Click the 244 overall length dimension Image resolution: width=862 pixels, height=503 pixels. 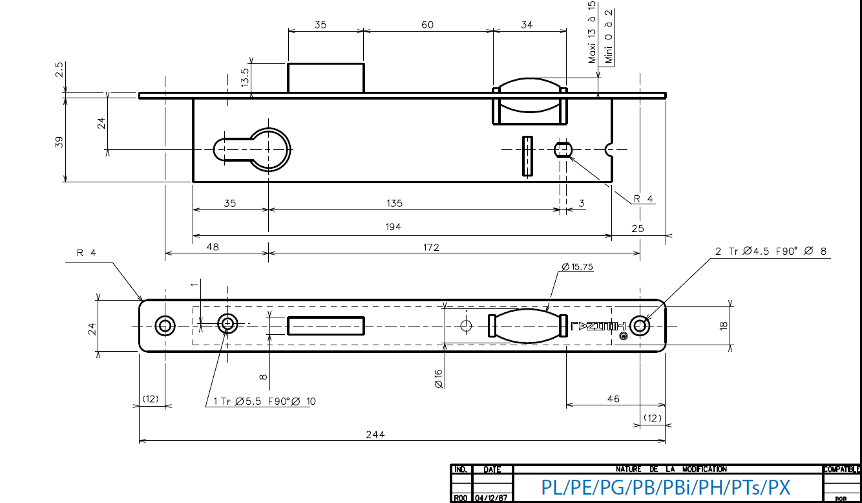pyautogui.click(x=375, y=434)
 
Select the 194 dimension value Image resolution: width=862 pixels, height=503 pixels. pyautogui.click(x=393, y=227)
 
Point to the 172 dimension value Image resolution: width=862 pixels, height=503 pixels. pyautogui.click(x=431, y=248)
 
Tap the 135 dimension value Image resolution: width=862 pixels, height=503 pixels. pyautogui.click(x=394, y=203)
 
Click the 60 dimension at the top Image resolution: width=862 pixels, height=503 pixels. pyautogui.click(x=427, y=25)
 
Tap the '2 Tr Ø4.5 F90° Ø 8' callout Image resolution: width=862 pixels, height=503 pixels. pyautogui.click(x=770, y=251)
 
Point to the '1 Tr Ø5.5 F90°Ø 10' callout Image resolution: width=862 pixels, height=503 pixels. pyautogui.click(x=265, y=401)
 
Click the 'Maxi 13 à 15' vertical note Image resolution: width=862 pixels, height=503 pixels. pyautogui.click(x=592, y=32)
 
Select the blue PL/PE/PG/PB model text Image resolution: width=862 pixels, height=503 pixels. pyautogui.click(x=666, y=487)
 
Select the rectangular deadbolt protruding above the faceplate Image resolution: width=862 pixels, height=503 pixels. pyautogui.click(x=325, y=78)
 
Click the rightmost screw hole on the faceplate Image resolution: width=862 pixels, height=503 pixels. pyautogui.click(x=640, y=325)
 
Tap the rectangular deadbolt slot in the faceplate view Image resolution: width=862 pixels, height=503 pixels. pyautogui.click(x=325, y=325)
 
